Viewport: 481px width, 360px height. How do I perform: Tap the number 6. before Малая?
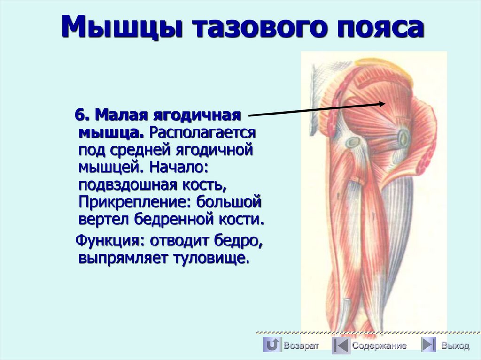pos(82,115)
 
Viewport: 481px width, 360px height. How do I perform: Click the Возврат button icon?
pos(272,345)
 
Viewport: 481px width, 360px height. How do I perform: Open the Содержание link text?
pos(379,346)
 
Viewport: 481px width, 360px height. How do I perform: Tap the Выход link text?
pos(455,346)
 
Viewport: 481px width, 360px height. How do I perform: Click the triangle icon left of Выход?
pos(428,345)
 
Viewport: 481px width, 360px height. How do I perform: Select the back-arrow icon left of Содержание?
pos(341,345)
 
